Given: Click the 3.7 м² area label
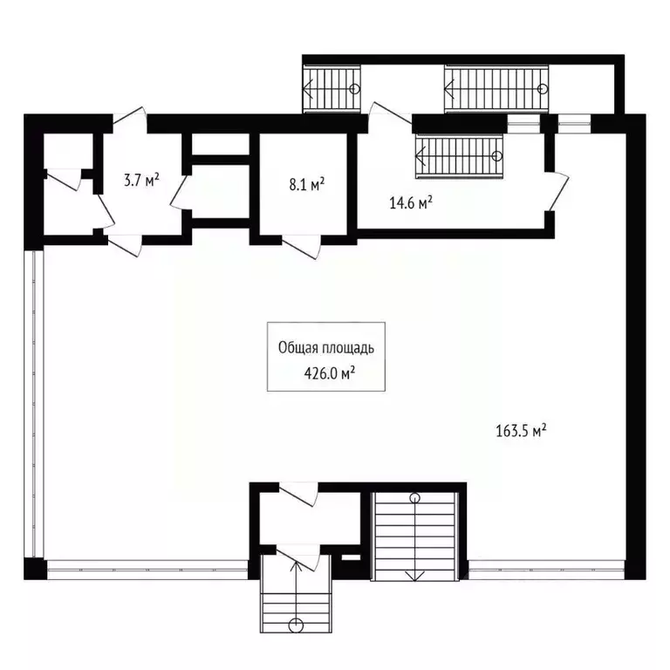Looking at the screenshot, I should coord(140,181).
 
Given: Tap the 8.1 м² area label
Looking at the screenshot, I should coord(307,184).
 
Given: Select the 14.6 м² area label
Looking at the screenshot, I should coord(411,203).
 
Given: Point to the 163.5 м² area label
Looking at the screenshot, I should coord(521,430).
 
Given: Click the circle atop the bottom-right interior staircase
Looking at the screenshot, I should coord(415,498).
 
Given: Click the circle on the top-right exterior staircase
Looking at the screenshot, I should coord(543,89).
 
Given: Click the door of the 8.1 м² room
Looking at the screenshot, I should coord(302,247).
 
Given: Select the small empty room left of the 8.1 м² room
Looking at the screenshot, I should coord(220,190).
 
